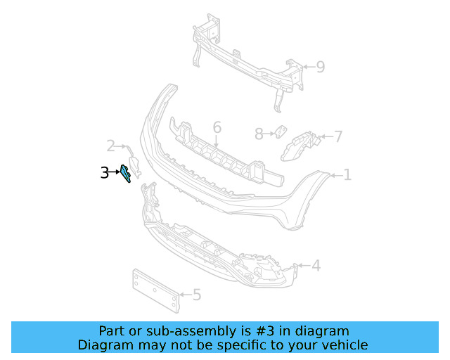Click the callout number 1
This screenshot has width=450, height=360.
(347, 174)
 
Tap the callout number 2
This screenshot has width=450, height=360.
(110, 146)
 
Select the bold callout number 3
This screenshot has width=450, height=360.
(105, 172)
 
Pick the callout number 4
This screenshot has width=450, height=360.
(316, 265)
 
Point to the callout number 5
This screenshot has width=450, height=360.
(197, 295)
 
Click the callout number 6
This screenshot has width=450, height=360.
(217, 127)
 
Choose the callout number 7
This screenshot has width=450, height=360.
(337, 136)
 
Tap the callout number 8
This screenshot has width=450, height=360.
(258, 133)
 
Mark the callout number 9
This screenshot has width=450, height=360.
(320, 67)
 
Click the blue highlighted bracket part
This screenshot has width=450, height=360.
(126, 173)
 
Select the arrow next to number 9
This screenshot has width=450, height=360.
(307, 67)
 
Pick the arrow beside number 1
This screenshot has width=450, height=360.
(335, 174)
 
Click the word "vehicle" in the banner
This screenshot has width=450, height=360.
(343, 345)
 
